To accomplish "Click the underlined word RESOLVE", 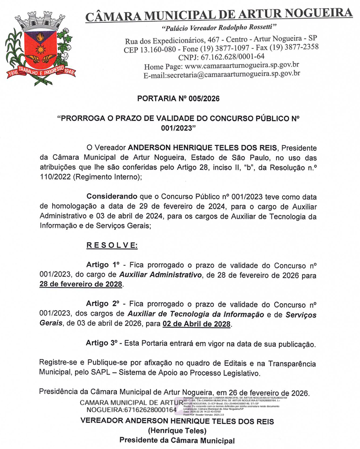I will [112, 245].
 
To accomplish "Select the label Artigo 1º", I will [103, 265].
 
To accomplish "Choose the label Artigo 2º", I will [103, 304].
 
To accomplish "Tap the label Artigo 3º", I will [103, 343].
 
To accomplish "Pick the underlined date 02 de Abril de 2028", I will [197, 324].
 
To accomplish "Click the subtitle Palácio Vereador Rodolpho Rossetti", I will [219, 28].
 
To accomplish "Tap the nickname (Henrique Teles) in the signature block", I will [177, 431].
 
